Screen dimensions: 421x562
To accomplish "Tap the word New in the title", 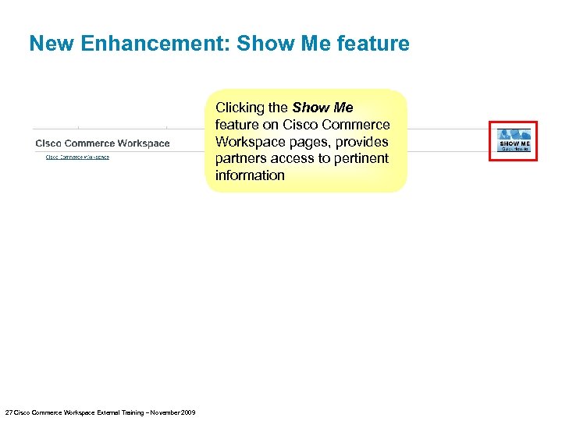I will point(50,44).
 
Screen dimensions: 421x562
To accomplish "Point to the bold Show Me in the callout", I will point(322,108).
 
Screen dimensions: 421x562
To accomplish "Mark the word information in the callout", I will point(250,175).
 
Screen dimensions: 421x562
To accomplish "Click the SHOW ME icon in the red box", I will point(514,141).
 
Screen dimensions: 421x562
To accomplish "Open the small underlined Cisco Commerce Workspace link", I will point(77,157).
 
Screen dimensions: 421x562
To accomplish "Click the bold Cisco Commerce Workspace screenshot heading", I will point(102,143).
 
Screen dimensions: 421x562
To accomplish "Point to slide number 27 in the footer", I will point(9,412).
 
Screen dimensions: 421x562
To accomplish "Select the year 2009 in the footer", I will point(187,412).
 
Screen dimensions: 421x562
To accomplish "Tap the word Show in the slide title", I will point(263,44).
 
